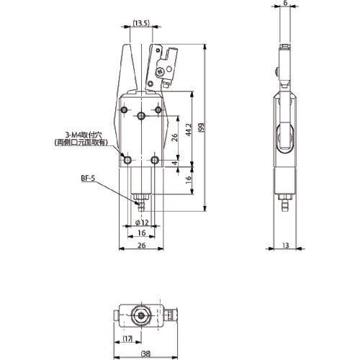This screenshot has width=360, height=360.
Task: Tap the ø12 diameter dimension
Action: pos(141,222)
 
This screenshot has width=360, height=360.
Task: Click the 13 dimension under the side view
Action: pos(286,245)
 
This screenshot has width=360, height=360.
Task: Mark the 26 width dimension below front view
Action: pos(141,246)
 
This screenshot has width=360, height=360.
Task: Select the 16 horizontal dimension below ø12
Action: pos(141,233)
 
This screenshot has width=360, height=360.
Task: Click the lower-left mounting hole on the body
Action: pos(127,159)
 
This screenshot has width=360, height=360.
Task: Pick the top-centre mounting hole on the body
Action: pos(141,115)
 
